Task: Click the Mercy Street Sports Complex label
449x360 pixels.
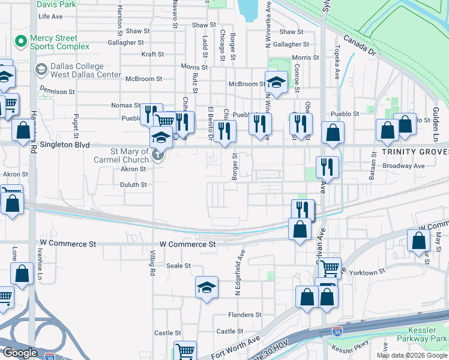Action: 59,42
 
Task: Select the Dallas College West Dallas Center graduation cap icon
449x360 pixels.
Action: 41,70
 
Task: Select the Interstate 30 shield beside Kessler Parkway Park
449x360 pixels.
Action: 337,332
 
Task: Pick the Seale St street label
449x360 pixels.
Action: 178,266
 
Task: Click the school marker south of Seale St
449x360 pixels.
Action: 206,288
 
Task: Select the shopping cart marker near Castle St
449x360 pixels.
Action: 185,350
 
